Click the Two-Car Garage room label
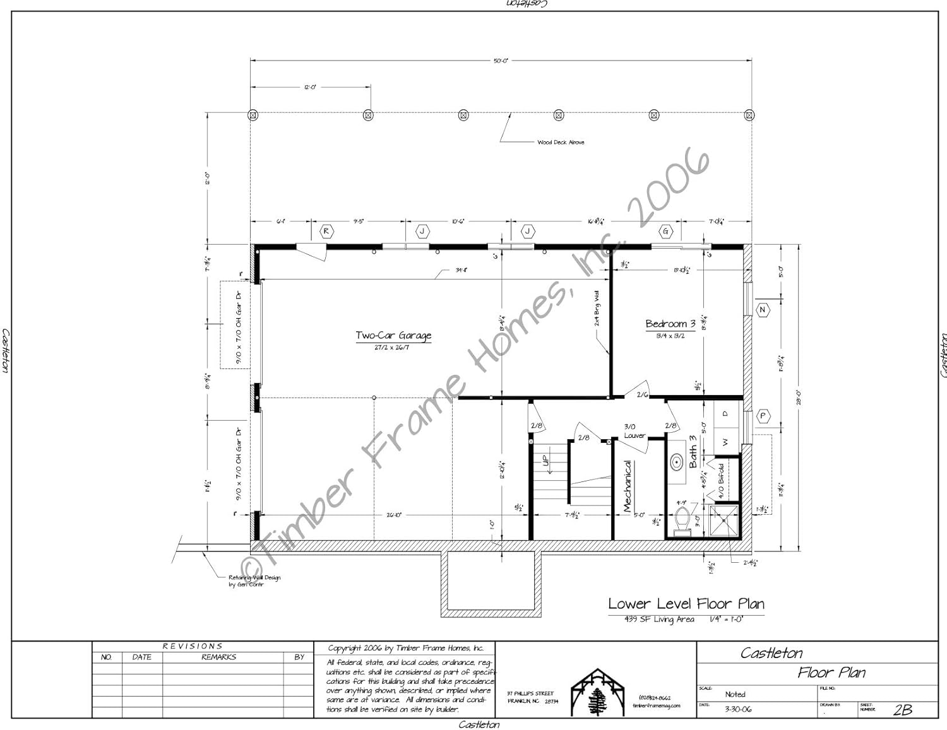pos(393,336)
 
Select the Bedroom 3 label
pos(670,324)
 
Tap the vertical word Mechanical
pos(627,485)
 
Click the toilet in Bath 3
pos(682,519)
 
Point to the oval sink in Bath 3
pos(677,462)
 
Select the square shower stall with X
pos(724,520)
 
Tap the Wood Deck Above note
pos(561,143)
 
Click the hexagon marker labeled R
pos(326,232)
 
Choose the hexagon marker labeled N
pos(762,310)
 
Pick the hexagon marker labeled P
pos(763,416)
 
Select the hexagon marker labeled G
pos(665,232)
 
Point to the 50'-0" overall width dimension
pos(501,61)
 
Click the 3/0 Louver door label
pos(634,431)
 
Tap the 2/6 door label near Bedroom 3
pos(642,395)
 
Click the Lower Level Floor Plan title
pos(686,604)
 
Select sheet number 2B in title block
pos(902,709)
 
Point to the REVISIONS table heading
pos(193,646)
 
